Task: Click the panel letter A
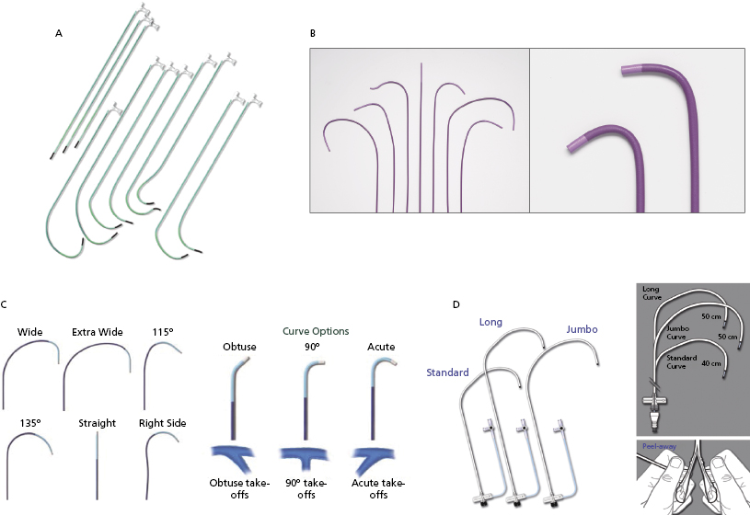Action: click(x=59, y=33)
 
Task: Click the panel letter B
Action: click(x=313, y=33)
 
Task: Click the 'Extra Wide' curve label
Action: click(x=96, y=332)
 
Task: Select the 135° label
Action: click(x=31, y=423)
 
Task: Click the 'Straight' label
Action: click(x=97, y=423)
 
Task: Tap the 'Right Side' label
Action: click(x=163, y=423)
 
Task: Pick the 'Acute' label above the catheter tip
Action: click(x=380, y=347)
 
